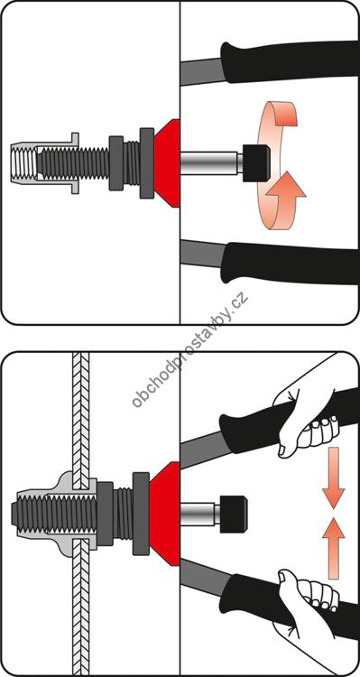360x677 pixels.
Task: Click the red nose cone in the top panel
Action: point(168,163)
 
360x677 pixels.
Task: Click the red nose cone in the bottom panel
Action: point(166,513)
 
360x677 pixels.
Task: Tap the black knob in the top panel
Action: point(256,162)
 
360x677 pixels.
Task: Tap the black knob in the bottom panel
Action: point(234,514)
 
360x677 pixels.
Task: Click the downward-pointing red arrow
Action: point(333,478)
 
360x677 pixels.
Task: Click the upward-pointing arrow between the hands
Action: point(333,548)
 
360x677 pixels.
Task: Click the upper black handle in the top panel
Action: point(290,61)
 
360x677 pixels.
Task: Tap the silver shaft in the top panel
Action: point(210,163)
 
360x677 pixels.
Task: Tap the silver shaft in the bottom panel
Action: point(200,514)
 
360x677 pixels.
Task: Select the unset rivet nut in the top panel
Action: point(43,163)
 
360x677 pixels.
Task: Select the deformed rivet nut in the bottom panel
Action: point(56,514)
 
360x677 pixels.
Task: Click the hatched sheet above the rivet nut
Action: point(80,414)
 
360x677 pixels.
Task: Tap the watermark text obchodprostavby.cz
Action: point(190,350)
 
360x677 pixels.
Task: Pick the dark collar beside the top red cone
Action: point(147,163)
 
